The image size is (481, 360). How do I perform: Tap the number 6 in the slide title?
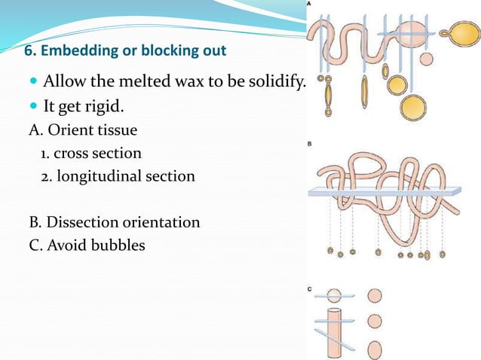(29, 52)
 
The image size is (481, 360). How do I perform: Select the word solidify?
(276, 81)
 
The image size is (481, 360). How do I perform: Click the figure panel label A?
(310, 5)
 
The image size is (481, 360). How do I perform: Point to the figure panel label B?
(310, 144)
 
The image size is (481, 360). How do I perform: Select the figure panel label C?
(310, 289)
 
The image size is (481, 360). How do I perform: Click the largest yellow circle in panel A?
(414, 106)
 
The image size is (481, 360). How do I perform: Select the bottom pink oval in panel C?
(375, 349)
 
